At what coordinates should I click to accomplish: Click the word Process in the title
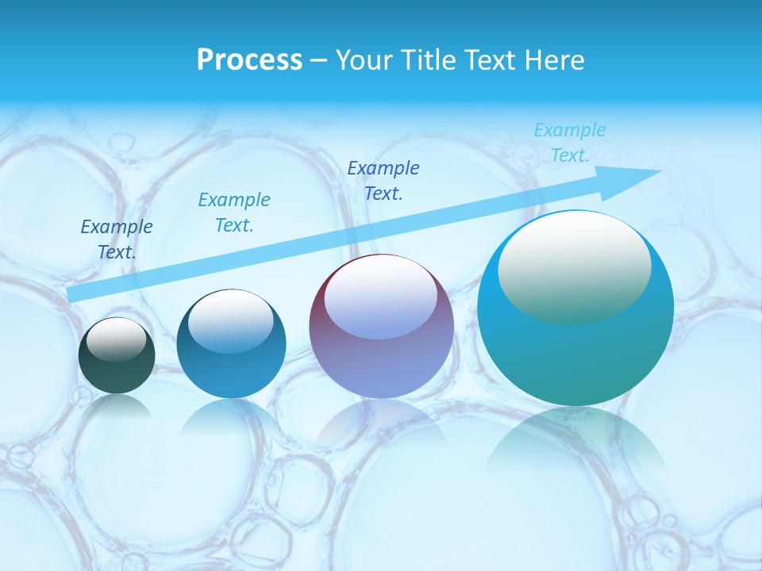click(249, 60)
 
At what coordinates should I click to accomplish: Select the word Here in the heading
click(554, 60)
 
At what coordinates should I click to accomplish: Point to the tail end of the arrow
click(73, 294)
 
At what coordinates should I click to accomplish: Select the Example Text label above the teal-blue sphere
click(233, 213)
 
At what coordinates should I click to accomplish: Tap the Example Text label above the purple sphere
click(383, 180)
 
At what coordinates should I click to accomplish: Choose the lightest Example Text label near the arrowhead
click(569, 143)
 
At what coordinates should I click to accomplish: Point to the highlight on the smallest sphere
click(116, 339)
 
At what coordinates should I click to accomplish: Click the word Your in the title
click(362, 60)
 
